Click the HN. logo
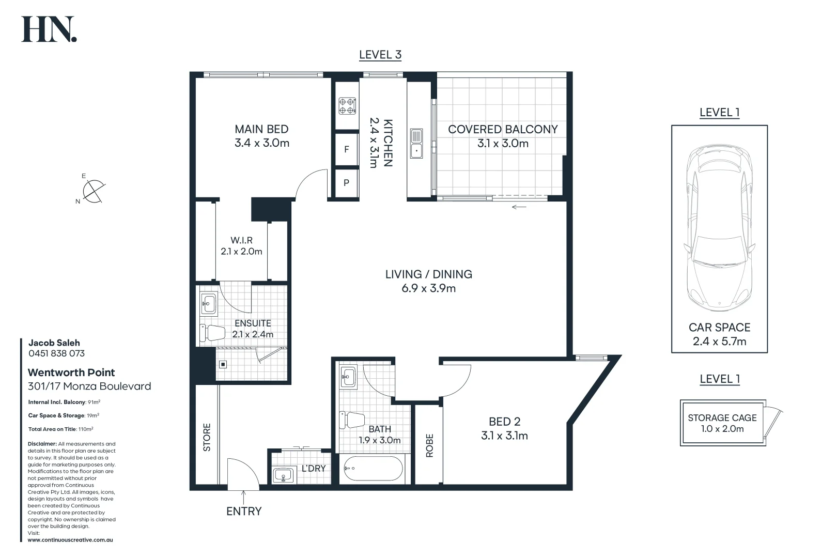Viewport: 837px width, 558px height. tap(49, 29)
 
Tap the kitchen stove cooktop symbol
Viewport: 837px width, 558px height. tap(347, 106)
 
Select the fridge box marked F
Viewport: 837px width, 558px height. tap(347, 149)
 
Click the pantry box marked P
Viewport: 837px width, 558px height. tap(347, 182)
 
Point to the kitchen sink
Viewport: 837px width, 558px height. tap(416, 144)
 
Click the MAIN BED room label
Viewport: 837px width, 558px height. tap(261, 129)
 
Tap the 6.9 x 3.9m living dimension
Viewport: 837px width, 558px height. tap(428, 288)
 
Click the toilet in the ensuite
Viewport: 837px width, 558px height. tap(212, 333)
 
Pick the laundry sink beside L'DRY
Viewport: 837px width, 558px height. tap(283, 475)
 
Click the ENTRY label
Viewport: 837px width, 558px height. tap(244, 511)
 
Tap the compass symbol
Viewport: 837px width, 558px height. tap(93, 191)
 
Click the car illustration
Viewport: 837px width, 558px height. tap(719, 227)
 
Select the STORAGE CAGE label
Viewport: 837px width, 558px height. tap(722, 417)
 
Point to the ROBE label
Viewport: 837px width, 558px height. tap(429, 445)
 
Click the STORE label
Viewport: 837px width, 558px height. tap(207, 437)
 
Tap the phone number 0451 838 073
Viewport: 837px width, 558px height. tap(56, 353)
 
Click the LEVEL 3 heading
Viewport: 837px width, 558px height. tap(380, 55)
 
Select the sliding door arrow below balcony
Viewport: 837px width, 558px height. tap(519, 207)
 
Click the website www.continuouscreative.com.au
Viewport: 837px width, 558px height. tap(70, 540)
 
